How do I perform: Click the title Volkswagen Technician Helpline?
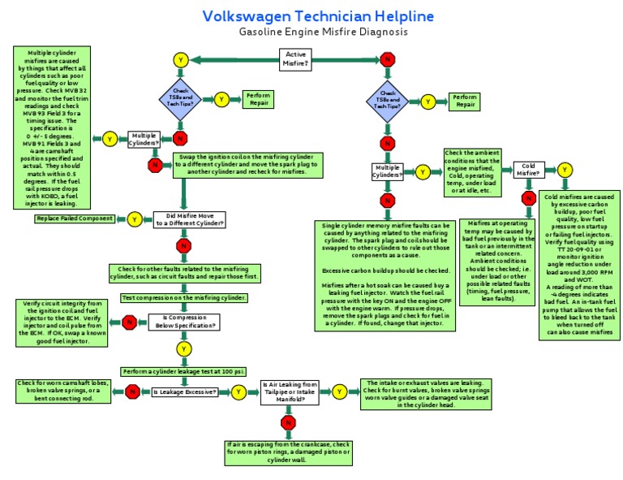[x=317, y=16]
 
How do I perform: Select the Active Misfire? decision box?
[x=296, y=58]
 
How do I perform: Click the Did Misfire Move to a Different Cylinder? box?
[x=190, y=219]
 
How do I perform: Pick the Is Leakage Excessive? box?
[x=184, y=391]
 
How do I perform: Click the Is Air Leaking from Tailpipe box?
[x=289, y=391]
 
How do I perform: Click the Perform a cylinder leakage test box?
[x=184, y=371]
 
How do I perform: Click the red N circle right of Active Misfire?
[x=388, y=59]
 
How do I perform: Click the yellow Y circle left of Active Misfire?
[x=181, y=59]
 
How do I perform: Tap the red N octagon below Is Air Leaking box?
[x=288, y=422]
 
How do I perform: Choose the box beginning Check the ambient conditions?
[x=471, y=171]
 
